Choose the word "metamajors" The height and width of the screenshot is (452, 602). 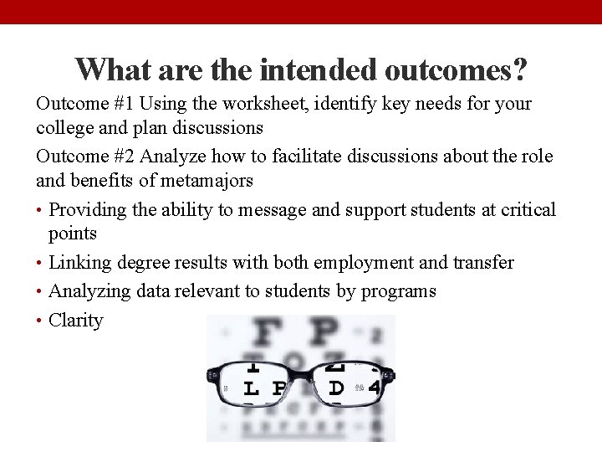tap(216, 181)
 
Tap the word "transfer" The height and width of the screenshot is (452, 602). tap(483, 263)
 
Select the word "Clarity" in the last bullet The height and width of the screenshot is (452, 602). tap(76, 321)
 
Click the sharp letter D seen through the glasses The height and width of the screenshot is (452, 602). tap(336, 388)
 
